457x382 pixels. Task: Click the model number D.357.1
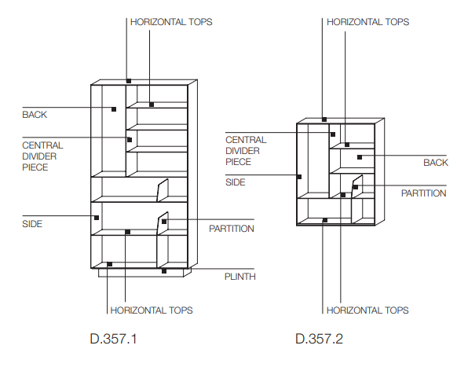pyautogui.click(x=113, y=339)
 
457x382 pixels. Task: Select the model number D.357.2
pyautogui.click(x=319, y=339)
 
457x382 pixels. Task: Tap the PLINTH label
pyautogui.click(x=239, y=277)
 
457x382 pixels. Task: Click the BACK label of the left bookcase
pyautogui.click(x=35, y=115)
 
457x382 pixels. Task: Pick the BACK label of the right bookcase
pyautogui.click(x=436, y=163)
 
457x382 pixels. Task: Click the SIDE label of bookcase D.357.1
pyautogui.click(x=32, y=224)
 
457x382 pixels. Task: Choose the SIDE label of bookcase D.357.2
pyautogui.click(x=236, y=182)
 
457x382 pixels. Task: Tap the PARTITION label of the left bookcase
pyautogui.click(x=232, y=229)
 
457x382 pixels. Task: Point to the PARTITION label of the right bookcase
pyautogui.click(x=423, y=193)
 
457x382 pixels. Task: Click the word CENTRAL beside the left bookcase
pyautogui.click(x=42, y=145)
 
